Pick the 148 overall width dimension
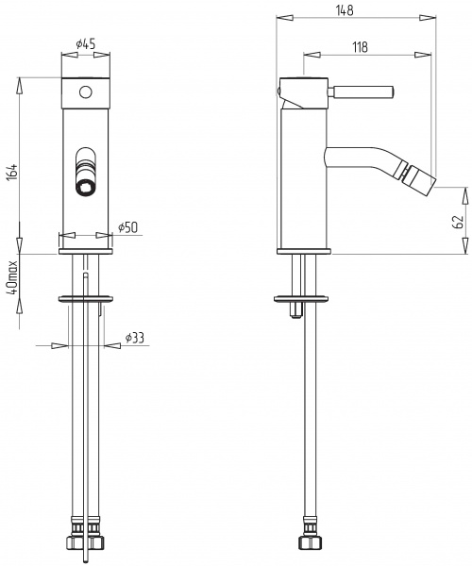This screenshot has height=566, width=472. tap(344, 10)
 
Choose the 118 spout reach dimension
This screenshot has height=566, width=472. tap(359, 47)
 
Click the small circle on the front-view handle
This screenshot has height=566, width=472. tap(87, 92)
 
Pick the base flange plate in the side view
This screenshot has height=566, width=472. tap(304, 251)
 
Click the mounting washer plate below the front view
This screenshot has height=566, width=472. tap(87, 298)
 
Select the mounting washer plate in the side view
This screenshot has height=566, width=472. tap(303, 299)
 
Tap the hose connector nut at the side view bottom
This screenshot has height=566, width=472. tap(307, 545)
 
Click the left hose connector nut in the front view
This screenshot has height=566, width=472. tap(74, 545)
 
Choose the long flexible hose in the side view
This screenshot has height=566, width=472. tap(308, 424)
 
